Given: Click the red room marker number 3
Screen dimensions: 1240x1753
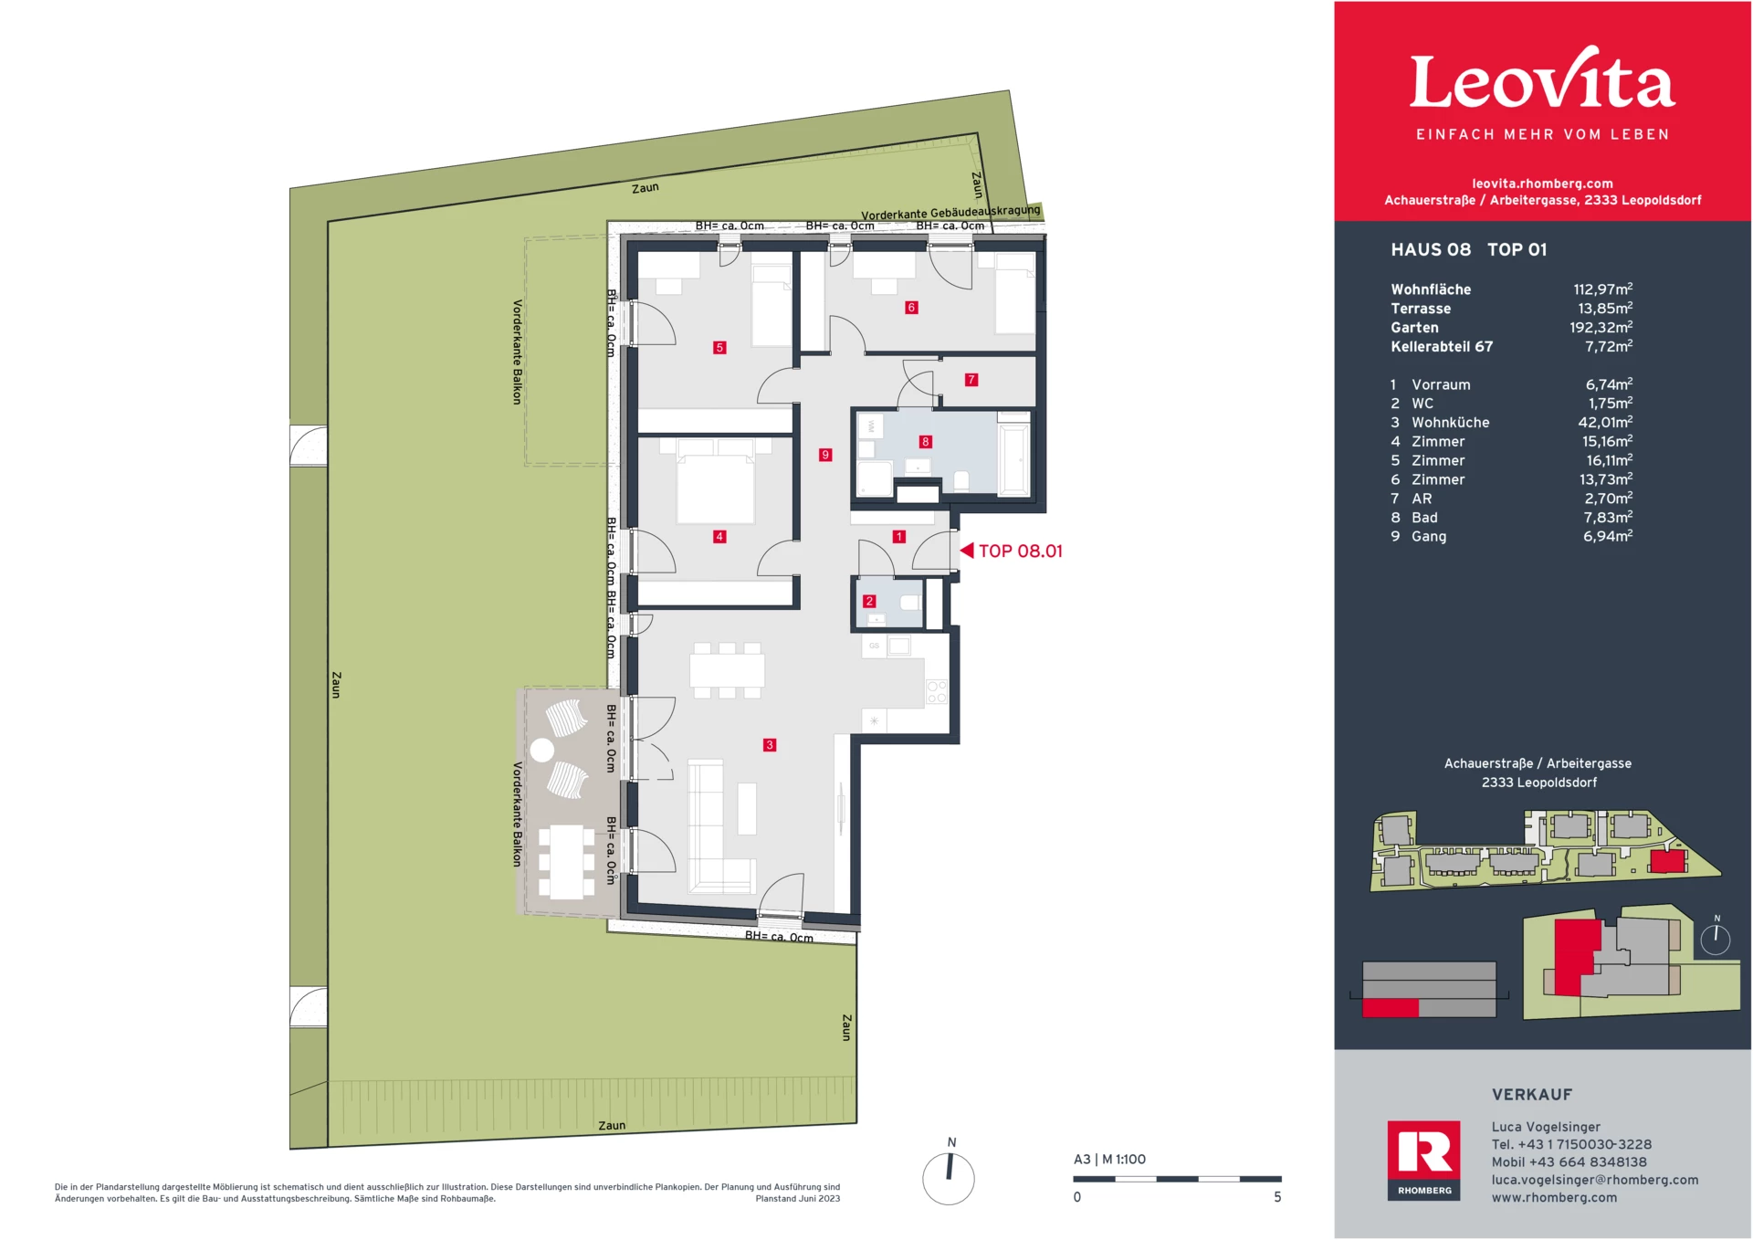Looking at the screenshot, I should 770,745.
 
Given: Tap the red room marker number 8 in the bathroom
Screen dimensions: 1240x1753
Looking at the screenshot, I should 925,442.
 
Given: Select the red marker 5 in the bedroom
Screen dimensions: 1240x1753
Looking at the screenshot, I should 719,348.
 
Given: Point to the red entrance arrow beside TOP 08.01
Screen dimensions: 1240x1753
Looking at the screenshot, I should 967,551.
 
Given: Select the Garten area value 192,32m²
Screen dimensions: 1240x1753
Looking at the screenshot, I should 1601,328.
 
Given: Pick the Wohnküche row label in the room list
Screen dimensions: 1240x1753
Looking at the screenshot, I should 1450,423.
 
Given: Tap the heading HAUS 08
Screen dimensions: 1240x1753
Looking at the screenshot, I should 1431,250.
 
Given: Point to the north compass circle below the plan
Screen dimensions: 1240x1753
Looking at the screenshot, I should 949,1178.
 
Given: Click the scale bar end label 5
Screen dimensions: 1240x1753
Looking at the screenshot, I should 1277,1197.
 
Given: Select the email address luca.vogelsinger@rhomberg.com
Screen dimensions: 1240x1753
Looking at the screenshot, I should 1594,1180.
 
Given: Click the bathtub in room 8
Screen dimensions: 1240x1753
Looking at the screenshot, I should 1014,457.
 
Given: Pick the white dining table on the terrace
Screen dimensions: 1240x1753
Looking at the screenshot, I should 566,862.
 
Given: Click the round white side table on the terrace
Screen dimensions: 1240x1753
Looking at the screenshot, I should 542,751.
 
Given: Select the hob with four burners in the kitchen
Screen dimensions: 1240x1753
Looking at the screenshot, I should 937,691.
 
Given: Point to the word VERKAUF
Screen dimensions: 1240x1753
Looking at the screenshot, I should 1531,1095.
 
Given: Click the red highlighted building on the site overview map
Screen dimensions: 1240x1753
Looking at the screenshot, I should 1667,862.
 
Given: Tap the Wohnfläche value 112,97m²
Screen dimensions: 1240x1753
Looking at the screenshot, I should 1602,289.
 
